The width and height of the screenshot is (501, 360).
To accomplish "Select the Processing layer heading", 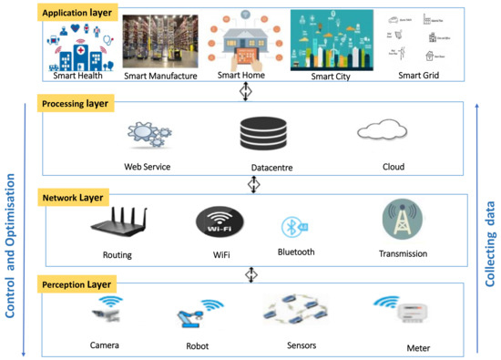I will pyautogui.click(x=75, y=104).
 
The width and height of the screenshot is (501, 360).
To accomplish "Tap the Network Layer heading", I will pyautogui.click(x=72, y=197).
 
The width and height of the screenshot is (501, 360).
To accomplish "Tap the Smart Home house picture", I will pyautogui.click(x=242, y=40).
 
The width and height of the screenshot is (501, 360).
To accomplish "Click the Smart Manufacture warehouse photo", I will pyautogui.click(x=161, y=42).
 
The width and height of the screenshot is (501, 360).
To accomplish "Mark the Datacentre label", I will pyautogui.click(x=271, y=169).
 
